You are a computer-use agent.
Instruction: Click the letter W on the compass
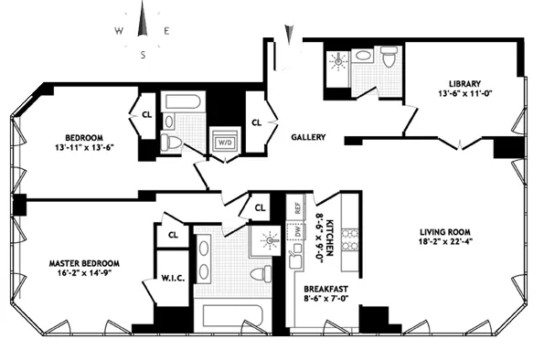coord(119,30)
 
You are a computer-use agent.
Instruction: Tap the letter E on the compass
coord(166,30)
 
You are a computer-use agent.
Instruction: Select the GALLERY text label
coord(309,137)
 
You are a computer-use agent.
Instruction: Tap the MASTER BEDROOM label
coord(84,263)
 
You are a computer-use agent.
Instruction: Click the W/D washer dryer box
coord(224,143)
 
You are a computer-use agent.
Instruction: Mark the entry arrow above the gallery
coord(290,35)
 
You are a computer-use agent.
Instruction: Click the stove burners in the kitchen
coord(348,238)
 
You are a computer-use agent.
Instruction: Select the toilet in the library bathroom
coord(389,61)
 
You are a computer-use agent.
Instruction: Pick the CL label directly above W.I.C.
coord(172,236)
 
